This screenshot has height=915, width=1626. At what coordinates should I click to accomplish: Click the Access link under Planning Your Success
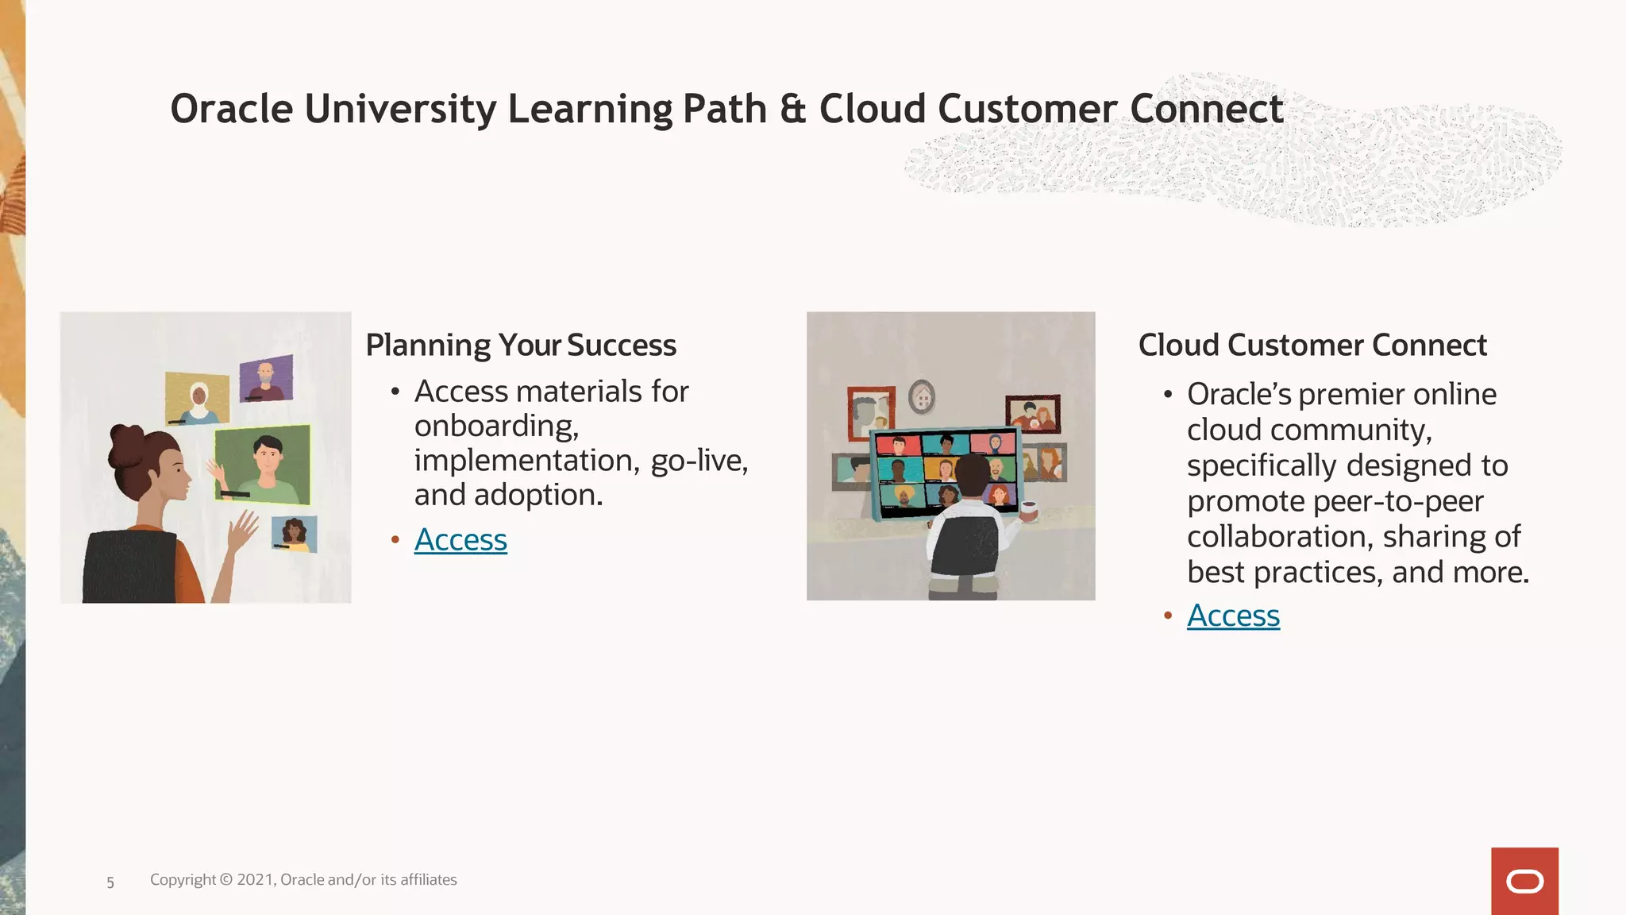(x=460, y=540)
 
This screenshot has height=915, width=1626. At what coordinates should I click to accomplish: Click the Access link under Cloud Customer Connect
(x=1233, y=616)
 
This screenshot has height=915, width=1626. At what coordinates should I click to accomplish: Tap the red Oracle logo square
(x=1524, y=881)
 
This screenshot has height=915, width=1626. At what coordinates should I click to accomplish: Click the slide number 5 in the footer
(x=110, y=882)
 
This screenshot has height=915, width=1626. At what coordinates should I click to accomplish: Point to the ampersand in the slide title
(x=792, y=109)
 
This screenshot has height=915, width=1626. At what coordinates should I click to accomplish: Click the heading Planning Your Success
(x=521, y=346)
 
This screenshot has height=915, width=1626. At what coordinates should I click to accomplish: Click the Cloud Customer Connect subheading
(x=1312, y=346)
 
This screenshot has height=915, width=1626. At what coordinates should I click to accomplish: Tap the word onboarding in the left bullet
(x=495, y=427)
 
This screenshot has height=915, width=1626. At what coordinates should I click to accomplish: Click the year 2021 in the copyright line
(x=255, y=880)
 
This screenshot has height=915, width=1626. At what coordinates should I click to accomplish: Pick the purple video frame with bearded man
(x=266, y=378)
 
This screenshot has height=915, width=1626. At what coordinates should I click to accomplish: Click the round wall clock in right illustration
(x=921, y=396)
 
